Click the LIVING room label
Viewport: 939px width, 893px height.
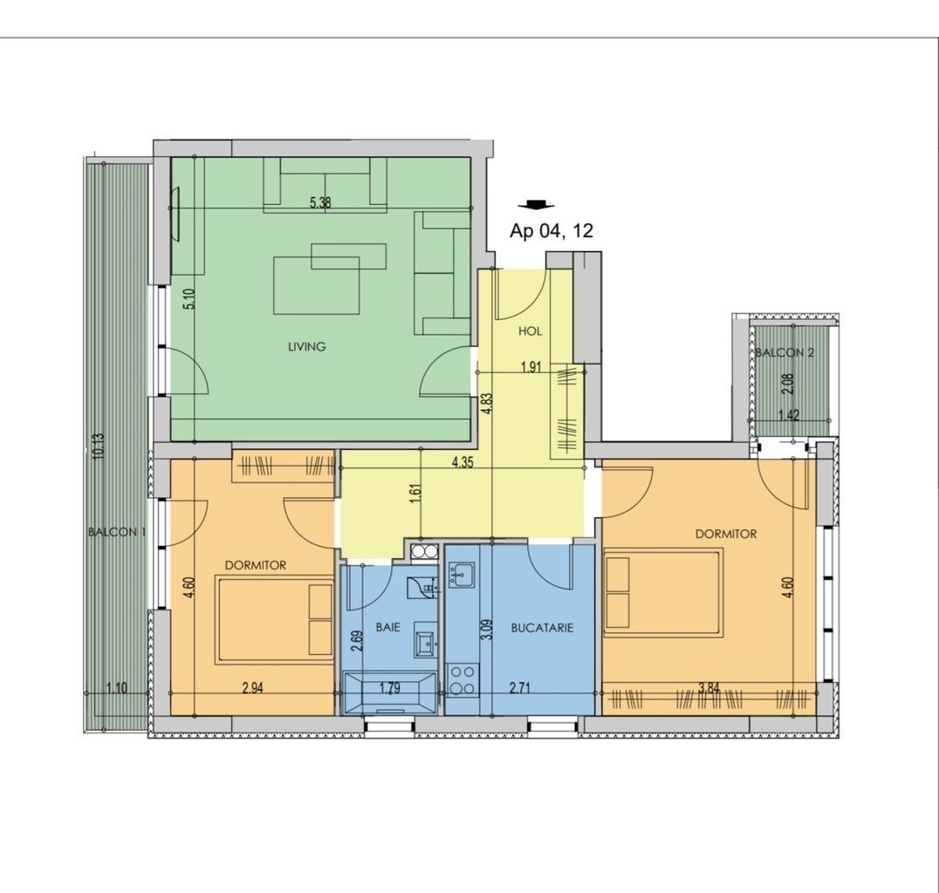[306, 346]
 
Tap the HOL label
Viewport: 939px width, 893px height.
[530, 331]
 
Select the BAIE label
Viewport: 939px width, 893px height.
[388, 627]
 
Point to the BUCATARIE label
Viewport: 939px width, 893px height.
[542, 628]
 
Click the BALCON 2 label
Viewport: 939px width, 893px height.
[785, 352]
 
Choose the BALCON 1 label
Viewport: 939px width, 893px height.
[117, 532]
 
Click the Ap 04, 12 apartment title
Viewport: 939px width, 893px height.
[551, 230]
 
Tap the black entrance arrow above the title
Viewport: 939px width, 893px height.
[536, 205]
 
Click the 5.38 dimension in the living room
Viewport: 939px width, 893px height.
[320, 202]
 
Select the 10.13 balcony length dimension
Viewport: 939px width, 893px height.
[99, 446]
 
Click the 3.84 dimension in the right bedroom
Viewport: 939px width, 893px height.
[709, 688]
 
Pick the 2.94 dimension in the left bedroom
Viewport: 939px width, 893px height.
[253, 688]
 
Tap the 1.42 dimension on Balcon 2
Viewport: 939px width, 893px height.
[789, 415]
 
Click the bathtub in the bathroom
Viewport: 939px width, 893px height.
[390, 693]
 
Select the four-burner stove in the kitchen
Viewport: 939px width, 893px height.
[463, 680]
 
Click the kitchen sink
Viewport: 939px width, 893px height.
[461, 575]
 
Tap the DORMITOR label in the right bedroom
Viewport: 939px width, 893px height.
[726, 534]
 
